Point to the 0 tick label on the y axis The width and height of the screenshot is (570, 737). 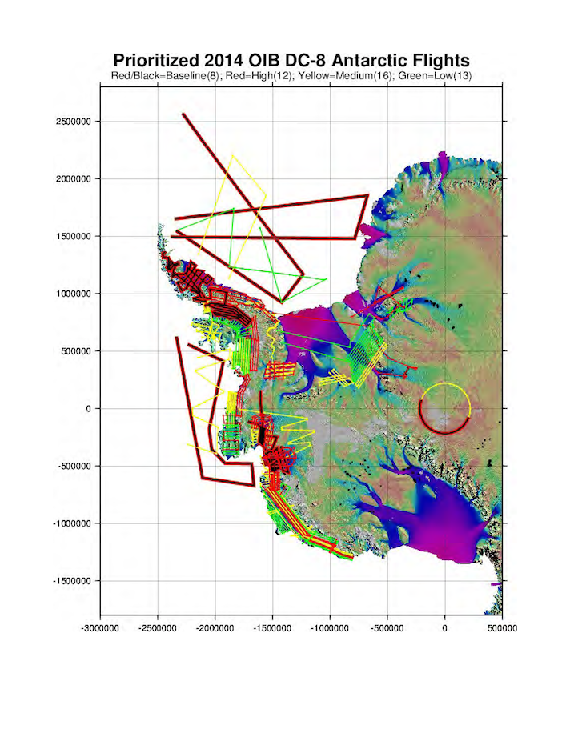click(90, 409)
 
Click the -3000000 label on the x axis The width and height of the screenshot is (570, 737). click(100, 628)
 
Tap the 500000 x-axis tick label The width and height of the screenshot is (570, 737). click(502, 628)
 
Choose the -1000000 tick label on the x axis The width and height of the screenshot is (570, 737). click(330, 628)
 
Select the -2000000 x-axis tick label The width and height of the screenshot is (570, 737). click(215, 628)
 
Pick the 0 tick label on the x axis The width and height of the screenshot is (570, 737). click(444, 628)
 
